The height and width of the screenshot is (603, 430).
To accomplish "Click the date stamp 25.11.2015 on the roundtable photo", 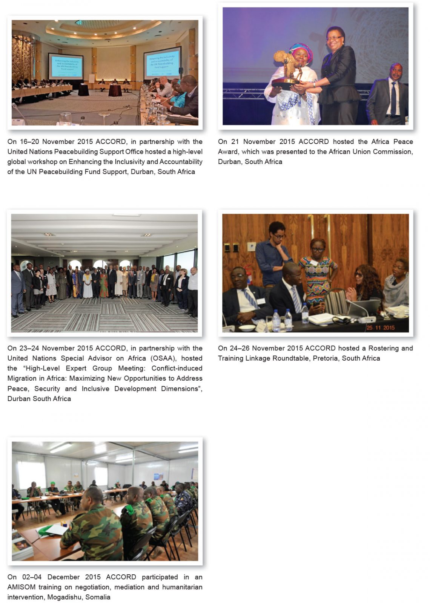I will click(380, 327).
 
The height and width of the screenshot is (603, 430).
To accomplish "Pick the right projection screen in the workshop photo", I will click(162, 63).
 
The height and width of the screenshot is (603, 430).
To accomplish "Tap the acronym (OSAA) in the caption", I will click(163, 358).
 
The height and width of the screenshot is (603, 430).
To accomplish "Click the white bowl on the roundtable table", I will click(247, 328).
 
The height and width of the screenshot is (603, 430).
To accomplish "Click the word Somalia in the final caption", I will click(98, 597).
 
